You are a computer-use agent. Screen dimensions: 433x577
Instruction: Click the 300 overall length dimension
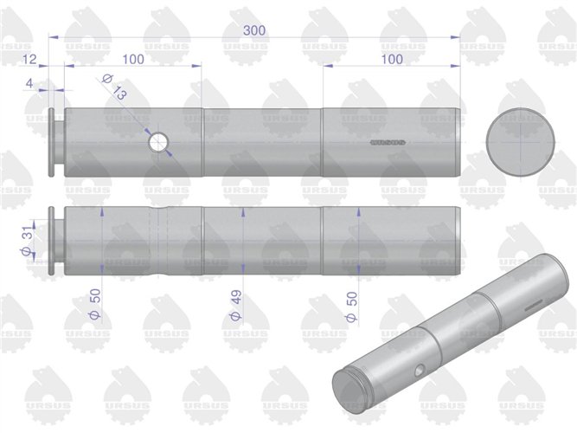(x=253, y=29)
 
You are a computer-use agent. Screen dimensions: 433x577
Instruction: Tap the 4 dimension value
(x=29, y=83)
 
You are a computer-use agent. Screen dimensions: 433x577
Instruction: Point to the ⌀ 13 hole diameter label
(x=115, y=87)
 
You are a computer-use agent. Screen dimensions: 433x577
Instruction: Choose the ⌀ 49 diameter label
(x=234, y=304)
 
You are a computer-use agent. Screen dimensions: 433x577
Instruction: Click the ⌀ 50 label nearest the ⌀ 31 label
(x=95, y=304)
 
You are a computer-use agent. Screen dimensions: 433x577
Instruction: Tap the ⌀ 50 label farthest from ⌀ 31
(x=351, y=304)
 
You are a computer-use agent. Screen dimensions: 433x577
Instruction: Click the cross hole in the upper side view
(x=158, y=142)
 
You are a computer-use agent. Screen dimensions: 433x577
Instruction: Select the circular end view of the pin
(x=522, y=142)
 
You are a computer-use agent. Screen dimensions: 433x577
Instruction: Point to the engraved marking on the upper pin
(x=388, y=140)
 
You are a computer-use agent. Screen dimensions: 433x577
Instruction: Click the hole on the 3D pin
(x=419, y=370)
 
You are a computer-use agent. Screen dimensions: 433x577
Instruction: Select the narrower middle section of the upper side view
(x=262, y=142)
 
